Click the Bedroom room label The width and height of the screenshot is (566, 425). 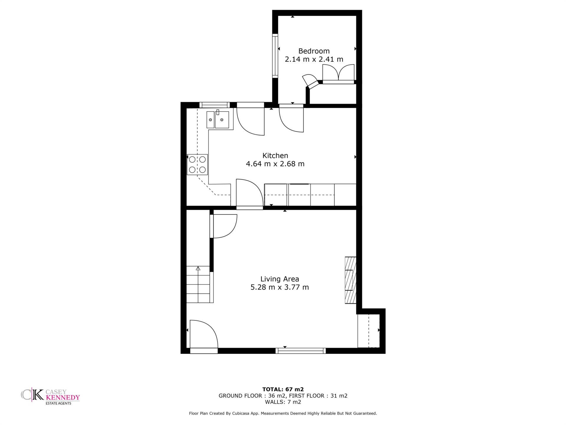(314, 51)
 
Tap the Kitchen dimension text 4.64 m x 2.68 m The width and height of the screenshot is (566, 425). (275, 164)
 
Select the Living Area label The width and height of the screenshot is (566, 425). (280, 279)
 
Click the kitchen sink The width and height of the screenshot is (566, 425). (218, 120)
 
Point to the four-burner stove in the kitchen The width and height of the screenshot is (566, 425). (197, 165)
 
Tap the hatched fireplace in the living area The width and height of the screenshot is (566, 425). (351, 280)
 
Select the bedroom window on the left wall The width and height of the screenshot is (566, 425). (275, 56)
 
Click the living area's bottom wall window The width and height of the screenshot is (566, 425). (301, 351)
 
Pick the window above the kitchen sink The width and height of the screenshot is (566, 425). (215, 105)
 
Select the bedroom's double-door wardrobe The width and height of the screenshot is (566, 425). (338, 74)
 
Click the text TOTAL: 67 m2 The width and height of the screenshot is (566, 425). (283, 389)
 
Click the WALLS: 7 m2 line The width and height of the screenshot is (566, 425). (283, 402)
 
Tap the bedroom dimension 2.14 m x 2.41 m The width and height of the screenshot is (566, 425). (314, 59)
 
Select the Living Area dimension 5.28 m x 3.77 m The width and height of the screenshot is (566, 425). (280, 287)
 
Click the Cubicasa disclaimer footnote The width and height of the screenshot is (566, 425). (283, 413)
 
